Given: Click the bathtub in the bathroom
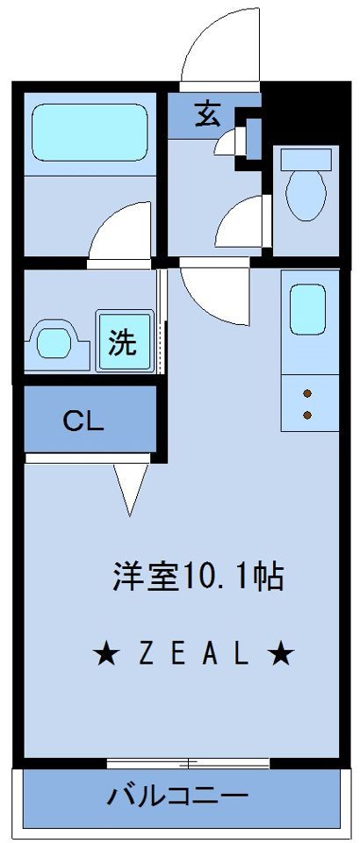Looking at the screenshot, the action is pyautogui.click(x=90, y=133).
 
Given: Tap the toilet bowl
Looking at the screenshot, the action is pyautogui.click(x=306, y=196).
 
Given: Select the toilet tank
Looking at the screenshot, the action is pyautogui.click(x=306, y=160).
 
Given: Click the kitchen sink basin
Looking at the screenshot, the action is pyautogui.click(x=307, y=310).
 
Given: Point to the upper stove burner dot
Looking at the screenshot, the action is pyautogui.click(x=307, y=394).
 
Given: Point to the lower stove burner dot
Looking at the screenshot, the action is pyautogui.click(x=307, y=414).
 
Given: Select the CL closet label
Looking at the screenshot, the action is pyautogui.click(x=83, y=421).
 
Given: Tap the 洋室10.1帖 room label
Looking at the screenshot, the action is pyautogui.click(x=198, y=576).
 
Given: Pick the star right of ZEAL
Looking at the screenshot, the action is pyautogui.click(x=281, y=654).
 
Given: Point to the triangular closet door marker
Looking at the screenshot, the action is pyautogui.click(x=131, y=488).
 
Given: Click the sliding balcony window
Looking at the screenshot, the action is pyautogui.click(x=188, y=762).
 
